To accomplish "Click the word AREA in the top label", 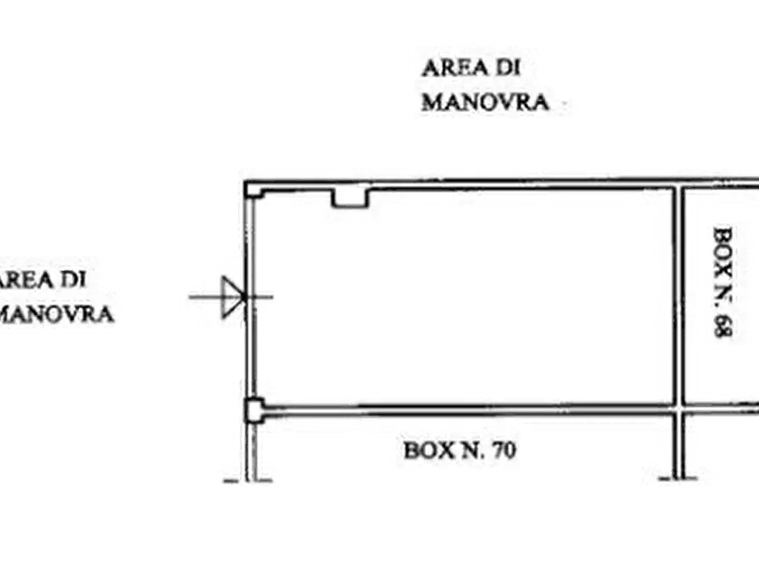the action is [x=455, y=68].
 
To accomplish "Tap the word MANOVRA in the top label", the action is [x=485, y=102].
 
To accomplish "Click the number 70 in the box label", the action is [x=504, y=450].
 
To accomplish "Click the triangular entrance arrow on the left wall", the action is [x=231, y=297].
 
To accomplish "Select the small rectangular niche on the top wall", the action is [x=350, y=198].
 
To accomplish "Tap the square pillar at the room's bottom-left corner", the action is [x=255, y=410].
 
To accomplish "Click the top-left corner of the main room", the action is [x=246, y=183].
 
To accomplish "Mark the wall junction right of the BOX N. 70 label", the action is [x=679, y=408].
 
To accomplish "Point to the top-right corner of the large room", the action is [x=673, y=189].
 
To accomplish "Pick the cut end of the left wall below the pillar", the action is [x=251, y=480].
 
